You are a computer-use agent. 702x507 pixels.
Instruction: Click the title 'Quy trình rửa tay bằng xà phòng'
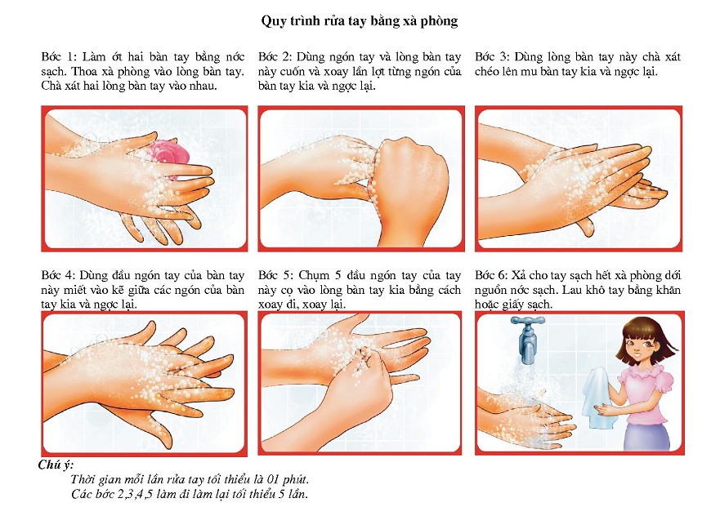(360, 21)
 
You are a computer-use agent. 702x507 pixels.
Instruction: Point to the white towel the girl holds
(597, 397)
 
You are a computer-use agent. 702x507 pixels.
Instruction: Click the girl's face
(643, 345)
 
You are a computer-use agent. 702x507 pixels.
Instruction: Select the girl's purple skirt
(648, 436)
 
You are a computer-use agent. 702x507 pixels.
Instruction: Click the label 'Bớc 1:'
(59, 57)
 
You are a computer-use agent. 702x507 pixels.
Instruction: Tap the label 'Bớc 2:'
(275, 57)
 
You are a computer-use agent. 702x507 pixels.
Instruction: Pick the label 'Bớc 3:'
(492, 57)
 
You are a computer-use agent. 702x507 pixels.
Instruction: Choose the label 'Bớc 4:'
(59, 275)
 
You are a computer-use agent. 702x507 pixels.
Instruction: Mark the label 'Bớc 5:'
(275, 275)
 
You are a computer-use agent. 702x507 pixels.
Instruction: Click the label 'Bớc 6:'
(491, 275)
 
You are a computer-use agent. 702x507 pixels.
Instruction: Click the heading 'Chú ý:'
(56, 465)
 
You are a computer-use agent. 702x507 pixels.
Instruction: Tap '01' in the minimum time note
(274, 479)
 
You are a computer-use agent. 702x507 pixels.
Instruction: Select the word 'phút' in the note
(296, 480)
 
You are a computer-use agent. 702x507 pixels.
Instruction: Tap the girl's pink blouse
(646, 394)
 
